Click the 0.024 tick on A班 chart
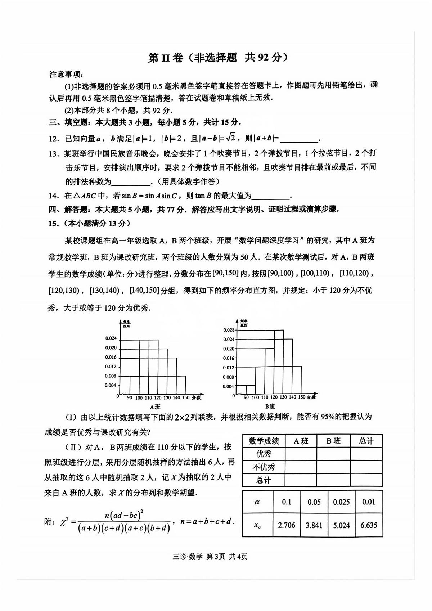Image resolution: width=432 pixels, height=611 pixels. (x=111, y=338)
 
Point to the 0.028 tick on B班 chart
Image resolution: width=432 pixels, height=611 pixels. (x=229, y=330)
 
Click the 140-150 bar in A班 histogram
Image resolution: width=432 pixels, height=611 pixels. (x=181, y=385)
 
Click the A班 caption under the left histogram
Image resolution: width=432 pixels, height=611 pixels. (x=155, y=407)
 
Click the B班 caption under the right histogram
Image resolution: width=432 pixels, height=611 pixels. (x=270, y=406)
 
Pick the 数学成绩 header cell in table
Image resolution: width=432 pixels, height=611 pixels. (x=264, y=441)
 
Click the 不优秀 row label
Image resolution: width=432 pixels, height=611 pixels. (x=264, y=467)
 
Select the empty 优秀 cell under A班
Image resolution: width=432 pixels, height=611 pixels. (x=301, y=454)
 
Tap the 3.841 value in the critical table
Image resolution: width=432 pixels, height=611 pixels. (x=314, y=525)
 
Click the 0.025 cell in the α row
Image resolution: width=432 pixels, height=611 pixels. (x=341, y=502)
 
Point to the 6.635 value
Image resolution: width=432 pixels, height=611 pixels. (x=369, y=525)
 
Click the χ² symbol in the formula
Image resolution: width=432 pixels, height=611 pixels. (x=65, y=522)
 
